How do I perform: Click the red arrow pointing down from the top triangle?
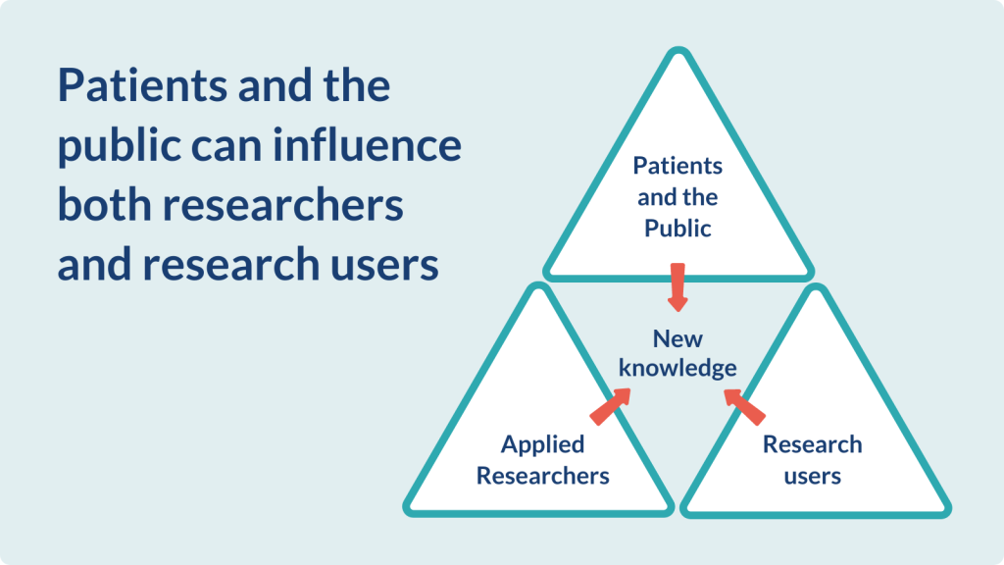[677, 286]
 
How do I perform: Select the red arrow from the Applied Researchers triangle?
[609, 404]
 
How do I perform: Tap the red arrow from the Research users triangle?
[744, 404]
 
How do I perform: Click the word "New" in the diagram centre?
[678, 339]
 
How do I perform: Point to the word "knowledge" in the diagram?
[678, 368]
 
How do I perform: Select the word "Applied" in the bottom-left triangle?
[542, 444]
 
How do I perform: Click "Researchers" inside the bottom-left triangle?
[542, 476]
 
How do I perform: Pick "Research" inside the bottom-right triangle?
[812, 444]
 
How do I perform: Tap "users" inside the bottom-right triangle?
[812, 476]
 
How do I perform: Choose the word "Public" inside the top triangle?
[678, 229]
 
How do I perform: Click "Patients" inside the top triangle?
[678, 165]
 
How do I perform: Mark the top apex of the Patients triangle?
[678, 51]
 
